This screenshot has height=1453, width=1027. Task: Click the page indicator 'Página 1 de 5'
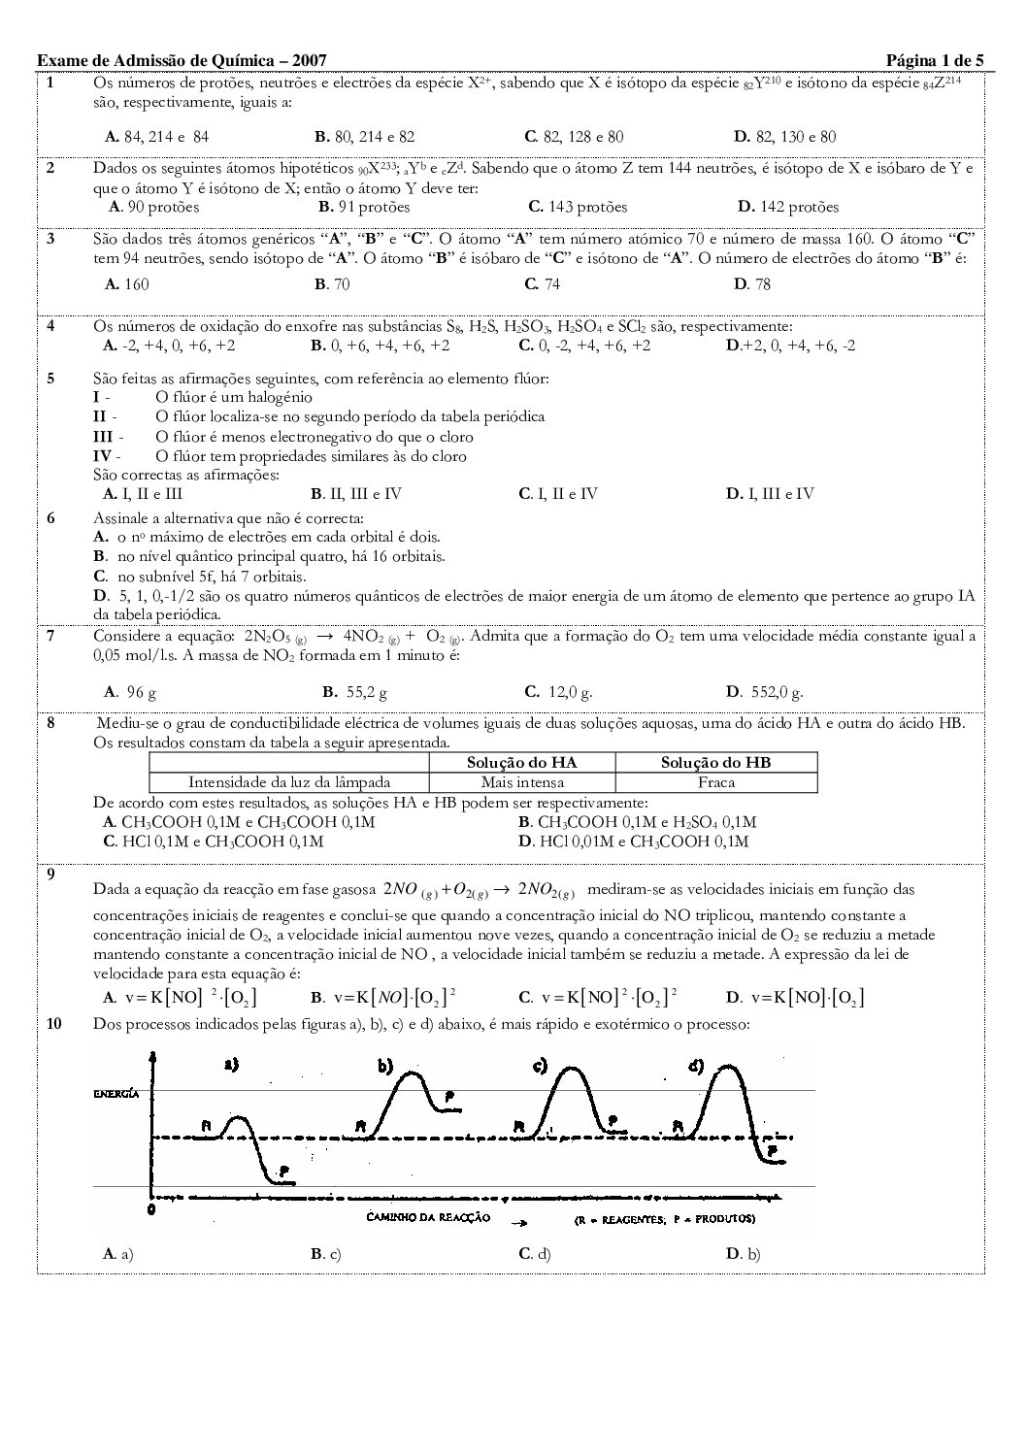pos(935,61)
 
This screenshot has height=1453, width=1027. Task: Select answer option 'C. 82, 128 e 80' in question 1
pos(574,137)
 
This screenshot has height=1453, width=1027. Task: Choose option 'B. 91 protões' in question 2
pos(364,207)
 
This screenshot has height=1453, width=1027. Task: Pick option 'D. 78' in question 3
pos(752,283)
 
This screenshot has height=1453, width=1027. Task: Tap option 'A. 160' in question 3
pos(126,283)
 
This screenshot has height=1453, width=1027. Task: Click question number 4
pos(50,325)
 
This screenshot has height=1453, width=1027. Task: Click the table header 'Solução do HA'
pos(521,762)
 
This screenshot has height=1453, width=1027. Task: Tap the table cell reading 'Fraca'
pos(716,781)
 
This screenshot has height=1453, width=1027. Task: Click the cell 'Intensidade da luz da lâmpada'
pos(289,781)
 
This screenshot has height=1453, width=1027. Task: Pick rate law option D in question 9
pos(795,997)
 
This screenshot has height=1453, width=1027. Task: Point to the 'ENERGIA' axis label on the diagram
pos(116,1093)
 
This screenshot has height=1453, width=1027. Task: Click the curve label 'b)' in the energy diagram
pos(385,1067)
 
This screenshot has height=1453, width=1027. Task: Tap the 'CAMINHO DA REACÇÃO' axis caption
pos(428,1217)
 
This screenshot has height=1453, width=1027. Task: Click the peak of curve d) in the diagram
pos(725,1069)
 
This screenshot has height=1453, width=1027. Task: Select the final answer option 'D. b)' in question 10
pos(744,1253)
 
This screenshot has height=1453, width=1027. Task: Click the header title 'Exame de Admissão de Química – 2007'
pos(188,61)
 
